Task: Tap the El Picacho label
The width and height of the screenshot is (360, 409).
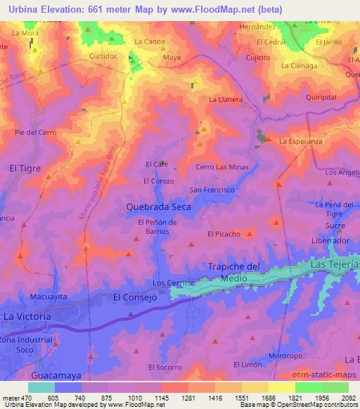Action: [x=224, y=234]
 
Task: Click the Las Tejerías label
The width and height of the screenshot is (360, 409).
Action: [x=335, y=264]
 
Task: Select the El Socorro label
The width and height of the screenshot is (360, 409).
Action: [x=164, y=368]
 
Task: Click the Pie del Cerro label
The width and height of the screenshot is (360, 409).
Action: [x=35, y=132]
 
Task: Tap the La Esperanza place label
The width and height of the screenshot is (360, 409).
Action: [x=300, y=141]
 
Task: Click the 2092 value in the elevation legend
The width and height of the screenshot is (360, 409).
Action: [x=348, y=397]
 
